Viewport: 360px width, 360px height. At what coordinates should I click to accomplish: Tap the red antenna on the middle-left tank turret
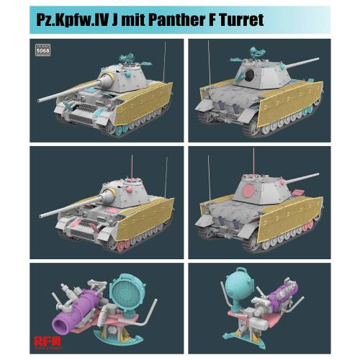tap(132, 166)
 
